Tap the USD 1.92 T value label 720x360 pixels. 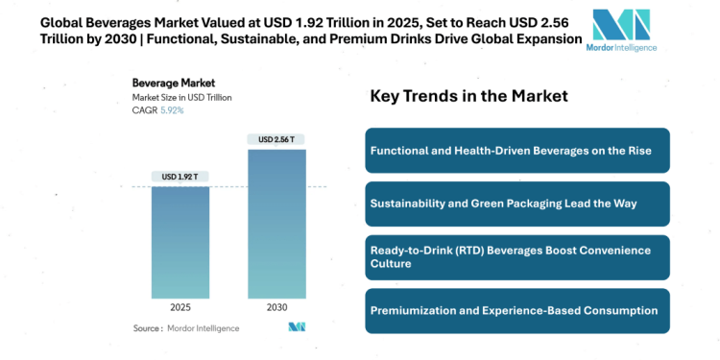point(181,177)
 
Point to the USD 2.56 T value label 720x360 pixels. point(277,139)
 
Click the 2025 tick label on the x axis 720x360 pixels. point(181,309)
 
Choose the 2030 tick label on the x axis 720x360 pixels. point(277,309)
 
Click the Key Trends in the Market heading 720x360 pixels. point(468,96)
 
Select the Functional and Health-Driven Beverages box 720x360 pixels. point(516,151)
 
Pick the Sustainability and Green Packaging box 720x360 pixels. point(516,204)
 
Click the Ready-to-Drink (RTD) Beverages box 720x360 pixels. point(516,256)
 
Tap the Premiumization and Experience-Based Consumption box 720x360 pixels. point(516,310)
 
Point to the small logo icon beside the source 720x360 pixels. point(297,327)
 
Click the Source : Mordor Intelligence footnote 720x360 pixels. point(190,328)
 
